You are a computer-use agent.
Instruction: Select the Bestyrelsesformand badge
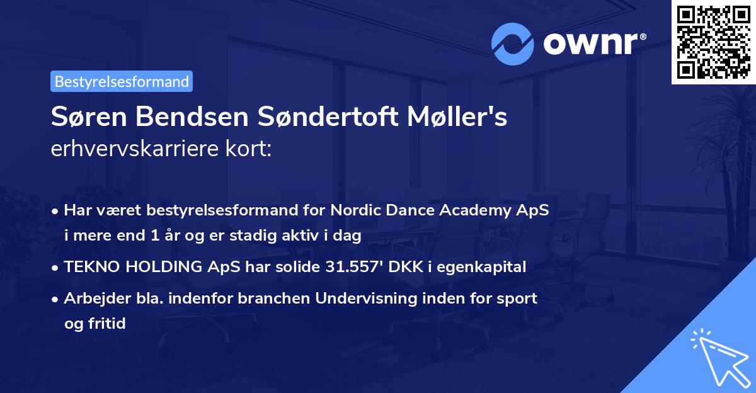click(x=122, y=81)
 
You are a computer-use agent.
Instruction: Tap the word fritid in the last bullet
click(x=108, y=324)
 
